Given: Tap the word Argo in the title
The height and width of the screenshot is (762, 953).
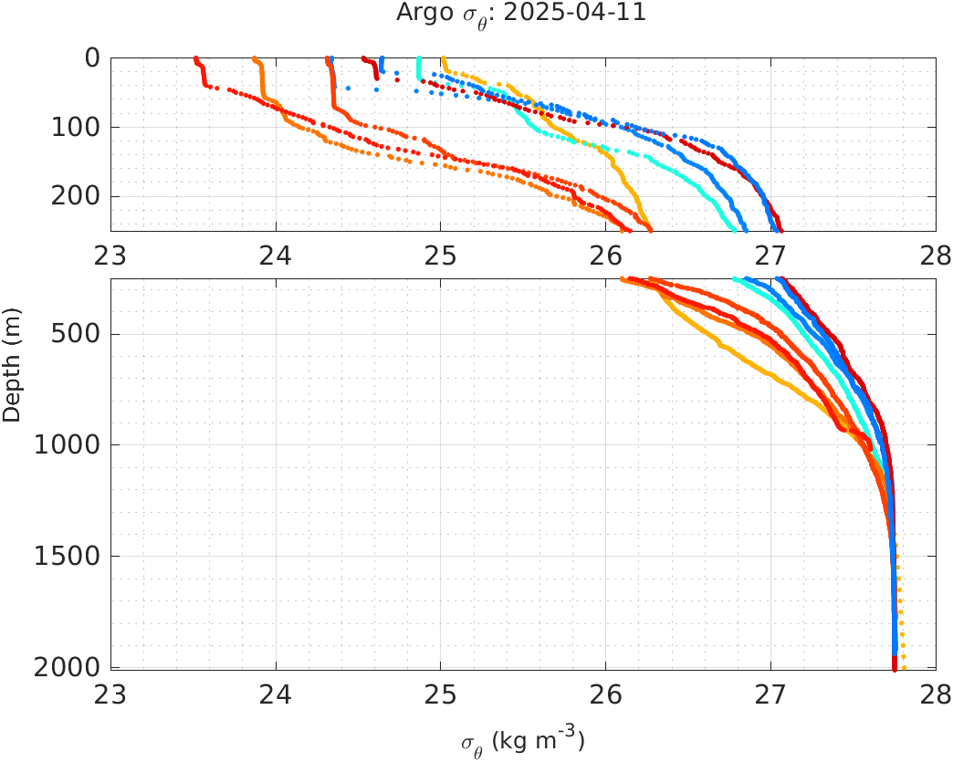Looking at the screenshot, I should [x=419, y=13].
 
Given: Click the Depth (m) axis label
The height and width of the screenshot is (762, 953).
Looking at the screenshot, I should [x=11, y=374].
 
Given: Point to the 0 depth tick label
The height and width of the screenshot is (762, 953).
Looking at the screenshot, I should [x=92, y=57].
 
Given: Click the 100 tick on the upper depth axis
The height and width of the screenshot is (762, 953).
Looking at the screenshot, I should [x=76, y=127].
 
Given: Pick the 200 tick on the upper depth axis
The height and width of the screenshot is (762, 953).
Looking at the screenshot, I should [x=76, y=196].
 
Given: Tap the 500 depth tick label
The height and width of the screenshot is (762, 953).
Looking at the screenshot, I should [x=76, y=334].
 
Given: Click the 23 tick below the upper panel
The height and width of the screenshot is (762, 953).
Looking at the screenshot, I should [x=111, y=255].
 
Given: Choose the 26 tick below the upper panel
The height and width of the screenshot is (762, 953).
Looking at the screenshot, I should [x=606, y=255].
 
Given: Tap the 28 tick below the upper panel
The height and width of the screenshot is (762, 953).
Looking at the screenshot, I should [x=935, y=255].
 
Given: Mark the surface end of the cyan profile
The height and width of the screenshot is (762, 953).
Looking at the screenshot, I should [x=418, y=59].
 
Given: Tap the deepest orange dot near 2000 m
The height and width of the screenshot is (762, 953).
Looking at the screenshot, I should [x=904, y=668].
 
